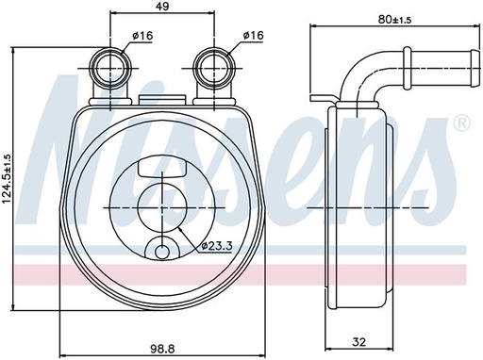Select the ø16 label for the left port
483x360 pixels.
pyautogui.click(x=142, y=36)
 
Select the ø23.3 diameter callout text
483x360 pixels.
pyautogui.click(x=216, y=247)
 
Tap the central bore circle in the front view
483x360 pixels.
pyautogui.click(x=160, y=205)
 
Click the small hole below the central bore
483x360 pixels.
pyautogui.click(x=160, y=252)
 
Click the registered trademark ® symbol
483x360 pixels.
pyautogui.click(x=460, y=123)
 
